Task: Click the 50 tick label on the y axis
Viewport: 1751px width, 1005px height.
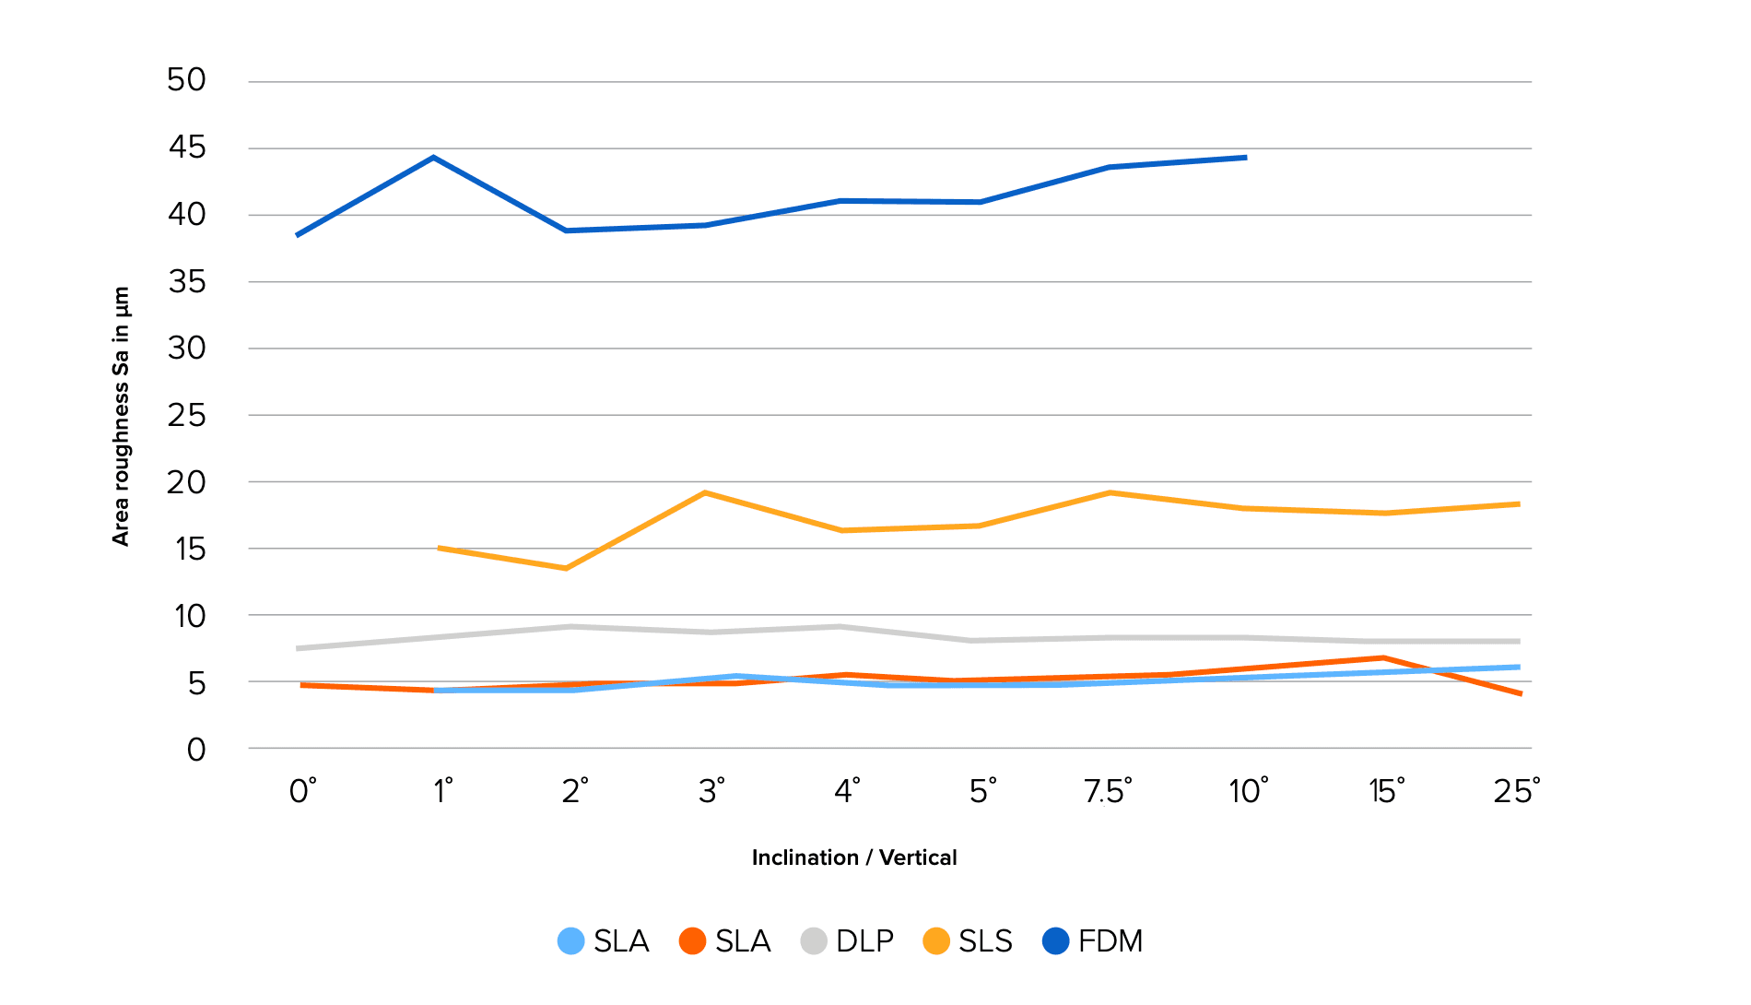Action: click(186, 80)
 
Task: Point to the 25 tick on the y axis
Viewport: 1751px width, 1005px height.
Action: click(186, 416)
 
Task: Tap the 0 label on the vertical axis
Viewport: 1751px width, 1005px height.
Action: click(196, 751)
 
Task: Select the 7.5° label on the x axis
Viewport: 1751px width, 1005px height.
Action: click(1108, 791)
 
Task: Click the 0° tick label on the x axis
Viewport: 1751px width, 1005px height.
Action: click(302, 791)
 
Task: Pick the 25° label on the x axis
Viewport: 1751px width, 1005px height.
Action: click(1516, 791)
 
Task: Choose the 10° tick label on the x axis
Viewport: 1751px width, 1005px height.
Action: click(1248, 791)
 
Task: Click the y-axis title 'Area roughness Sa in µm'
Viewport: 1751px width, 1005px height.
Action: click(121, 416)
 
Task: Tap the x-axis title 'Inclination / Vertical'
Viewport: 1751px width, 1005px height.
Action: click(854, 857)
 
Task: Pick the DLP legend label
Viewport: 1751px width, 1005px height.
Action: click(864, 941)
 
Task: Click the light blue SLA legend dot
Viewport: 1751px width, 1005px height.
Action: click(571, 941)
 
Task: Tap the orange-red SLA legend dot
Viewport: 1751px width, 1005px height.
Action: click(692, 941)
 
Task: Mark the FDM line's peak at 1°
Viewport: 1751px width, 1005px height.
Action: click(433, 158)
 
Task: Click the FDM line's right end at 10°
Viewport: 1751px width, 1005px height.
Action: click(1246, 158)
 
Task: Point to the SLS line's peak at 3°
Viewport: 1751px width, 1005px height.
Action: click(705, 492)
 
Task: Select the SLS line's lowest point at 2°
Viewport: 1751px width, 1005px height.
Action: click(566, 568)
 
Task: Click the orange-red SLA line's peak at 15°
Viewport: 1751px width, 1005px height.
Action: click(1383, 657)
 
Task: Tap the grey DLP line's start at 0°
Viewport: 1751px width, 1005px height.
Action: click(298, 648)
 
